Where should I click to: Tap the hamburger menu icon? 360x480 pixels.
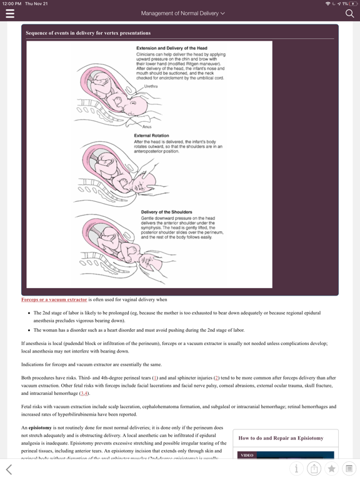9,13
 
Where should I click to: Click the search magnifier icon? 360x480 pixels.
349,13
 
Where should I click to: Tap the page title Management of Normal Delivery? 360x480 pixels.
182,13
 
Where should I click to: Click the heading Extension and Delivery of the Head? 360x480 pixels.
171,48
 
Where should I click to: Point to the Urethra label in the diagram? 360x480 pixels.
151,86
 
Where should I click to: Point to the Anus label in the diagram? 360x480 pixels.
147,127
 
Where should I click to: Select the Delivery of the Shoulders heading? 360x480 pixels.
166,212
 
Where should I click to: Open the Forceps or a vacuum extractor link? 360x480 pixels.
54,299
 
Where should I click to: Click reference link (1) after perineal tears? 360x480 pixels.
155,377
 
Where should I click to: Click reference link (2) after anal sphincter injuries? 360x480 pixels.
216,377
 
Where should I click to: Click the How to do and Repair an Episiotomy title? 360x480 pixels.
281,438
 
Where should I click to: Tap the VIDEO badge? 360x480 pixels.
247,456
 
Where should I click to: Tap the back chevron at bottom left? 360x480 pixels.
9,469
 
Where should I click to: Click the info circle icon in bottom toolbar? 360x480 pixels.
296,468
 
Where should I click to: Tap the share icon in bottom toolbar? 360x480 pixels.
314,468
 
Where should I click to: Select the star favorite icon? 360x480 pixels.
332,468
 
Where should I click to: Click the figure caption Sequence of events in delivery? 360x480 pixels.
87,32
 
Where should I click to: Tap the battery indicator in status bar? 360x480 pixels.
351,4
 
